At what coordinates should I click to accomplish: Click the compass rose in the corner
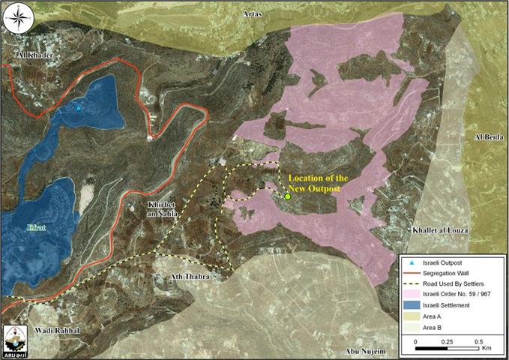19,18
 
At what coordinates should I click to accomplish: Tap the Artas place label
254,13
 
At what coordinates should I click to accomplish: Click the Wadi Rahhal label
56,329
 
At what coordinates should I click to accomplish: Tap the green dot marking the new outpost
287,196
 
